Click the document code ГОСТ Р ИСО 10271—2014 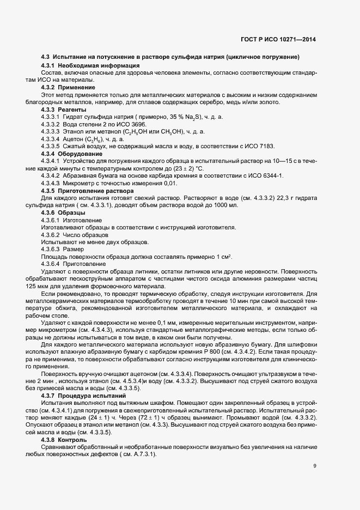pos(278,40)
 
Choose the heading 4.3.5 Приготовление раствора pos(83,191)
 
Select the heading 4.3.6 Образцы pos(65,212)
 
